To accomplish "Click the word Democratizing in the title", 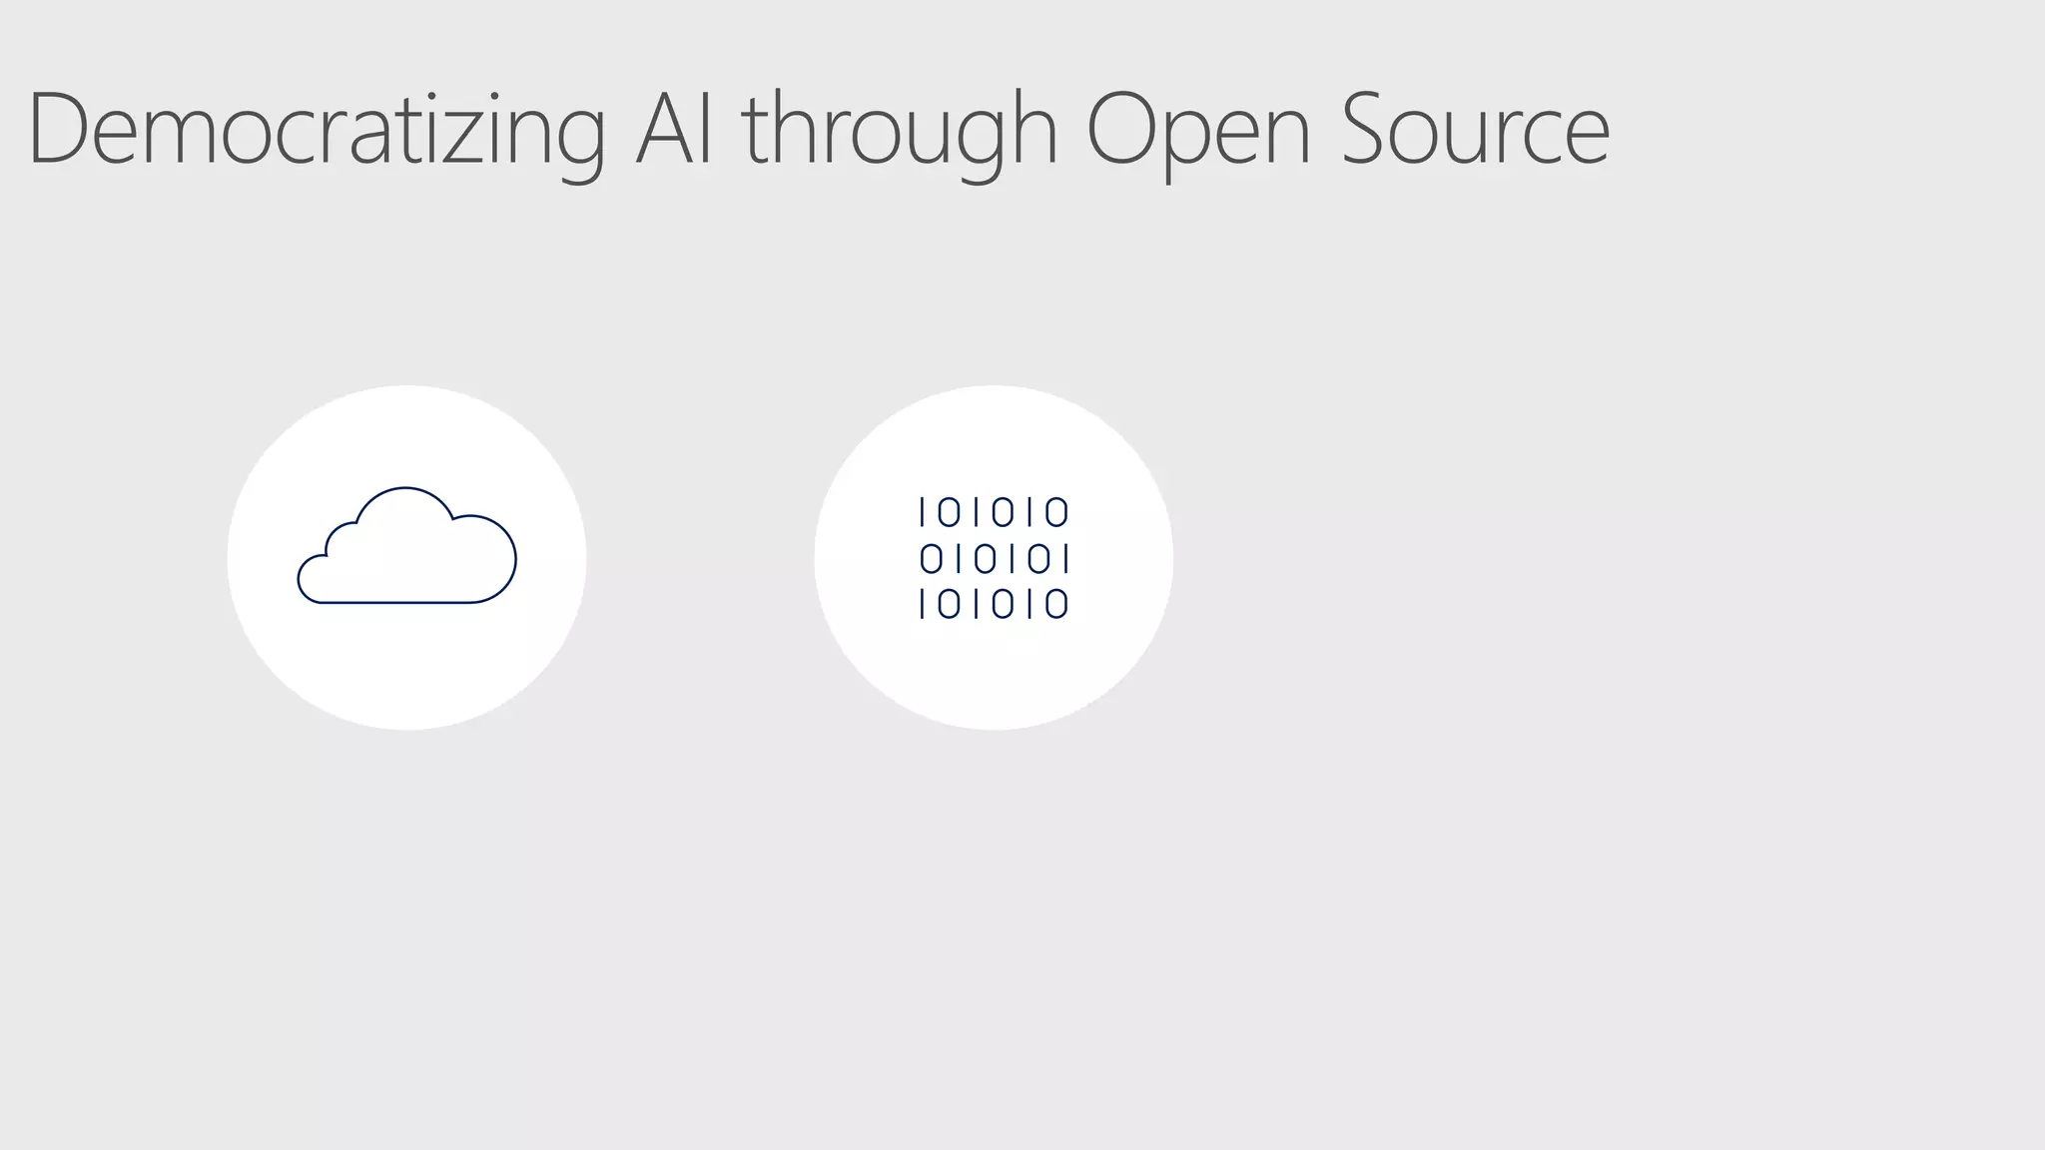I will (x=316, y=130).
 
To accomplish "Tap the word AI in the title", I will (x=675, y=130).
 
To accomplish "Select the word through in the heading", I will (x=899, y=130).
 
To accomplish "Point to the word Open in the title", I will (x=1197, y=130).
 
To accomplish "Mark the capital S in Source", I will (x=1368, y=128).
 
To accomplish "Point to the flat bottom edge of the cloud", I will (x=399, y=602).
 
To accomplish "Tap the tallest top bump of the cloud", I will (x=404, y=489).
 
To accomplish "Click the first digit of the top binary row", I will (x=923, y=512).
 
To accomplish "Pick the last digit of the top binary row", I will (x=1056, y=512).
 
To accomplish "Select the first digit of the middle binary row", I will (x=931, y=558).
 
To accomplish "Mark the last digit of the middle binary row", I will (x=1066, y=558).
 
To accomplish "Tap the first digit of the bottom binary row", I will (x=923, y=604).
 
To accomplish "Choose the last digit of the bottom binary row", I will (x=1056, y=604).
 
